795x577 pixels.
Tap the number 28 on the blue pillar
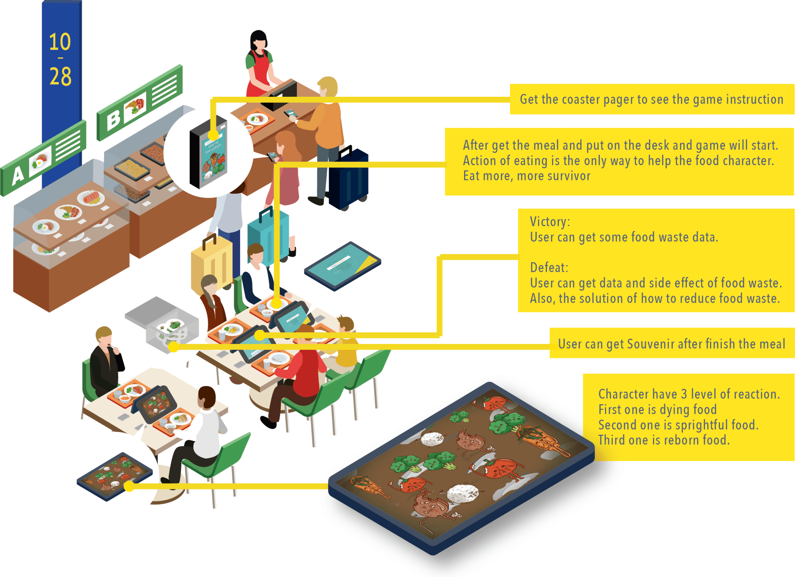[x=60, y=77]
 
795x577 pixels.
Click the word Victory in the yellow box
[x=549, y=222]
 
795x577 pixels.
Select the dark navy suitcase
[x=349, y=179]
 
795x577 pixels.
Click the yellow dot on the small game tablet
[x=129, y=486]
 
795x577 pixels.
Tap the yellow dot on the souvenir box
[x=173, y=347]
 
